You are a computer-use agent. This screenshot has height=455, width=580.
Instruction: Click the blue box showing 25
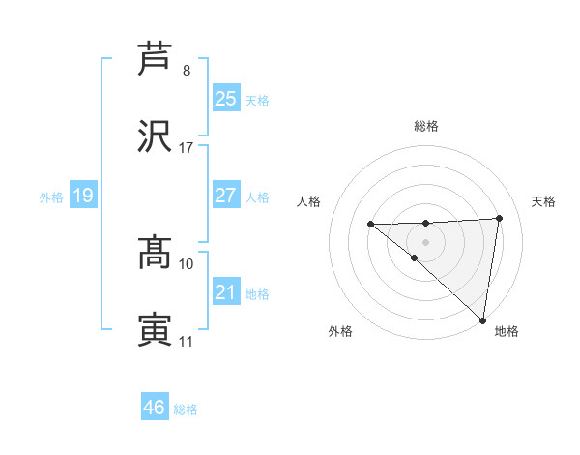(225, 99)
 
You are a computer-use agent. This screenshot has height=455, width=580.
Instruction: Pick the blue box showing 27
(225, 196)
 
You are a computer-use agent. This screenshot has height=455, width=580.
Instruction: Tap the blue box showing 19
(83, 196)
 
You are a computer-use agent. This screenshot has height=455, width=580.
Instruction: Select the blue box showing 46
(154, 408)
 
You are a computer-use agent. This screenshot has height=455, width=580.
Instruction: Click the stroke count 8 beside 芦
(187, 71)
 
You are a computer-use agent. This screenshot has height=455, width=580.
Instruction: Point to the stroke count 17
(187, 148)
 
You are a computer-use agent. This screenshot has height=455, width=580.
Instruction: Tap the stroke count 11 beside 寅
(187, 342)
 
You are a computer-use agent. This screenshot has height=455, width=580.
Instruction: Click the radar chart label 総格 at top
(425, 126)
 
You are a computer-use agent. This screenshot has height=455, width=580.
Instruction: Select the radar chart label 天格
(544, 201)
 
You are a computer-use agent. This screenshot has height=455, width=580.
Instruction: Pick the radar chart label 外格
(340, 331)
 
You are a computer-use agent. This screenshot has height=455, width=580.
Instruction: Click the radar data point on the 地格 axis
(482, 320)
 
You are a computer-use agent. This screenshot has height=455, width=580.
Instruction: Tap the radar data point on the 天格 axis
(500, 218)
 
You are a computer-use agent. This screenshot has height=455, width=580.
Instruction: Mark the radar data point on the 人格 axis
(370, 225)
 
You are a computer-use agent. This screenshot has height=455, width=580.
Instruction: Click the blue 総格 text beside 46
(186, 409)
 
